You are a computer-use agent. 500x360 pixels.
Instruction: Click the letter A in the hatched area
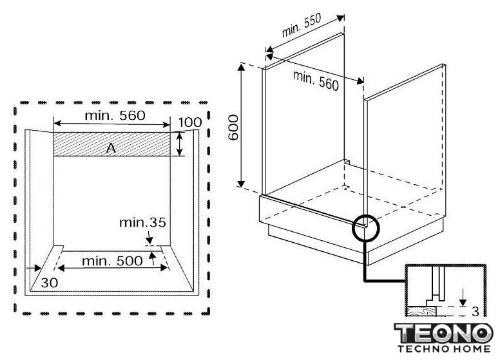click(x=111, y=148)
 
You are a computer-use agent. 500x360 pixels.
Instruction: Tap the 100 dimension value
click(x=190, y=122)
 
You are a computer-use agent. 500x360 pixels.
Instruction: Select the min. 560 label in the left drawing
click(x=115, y=115)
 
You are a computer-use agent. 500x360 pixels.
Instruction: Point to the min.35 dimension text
click(x=142, y=222)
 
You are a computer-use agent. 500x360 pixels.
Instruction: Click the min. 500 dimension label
click(x=112, y=261)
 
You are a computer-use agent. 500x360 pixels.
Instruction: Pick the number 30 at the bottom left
click(x=50, y=283)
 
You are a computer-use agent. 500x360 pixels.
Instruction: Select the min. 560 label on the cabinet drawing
click(x=316, y=81)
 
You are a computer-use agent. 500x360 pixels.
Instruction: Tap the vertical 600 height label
click(x=233, y=128)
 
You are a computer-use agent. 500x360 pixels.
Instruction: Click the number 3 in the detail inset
click(x=476, y=312)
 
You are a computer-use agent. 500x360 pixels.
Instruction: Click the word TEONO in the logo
click(x=443, y=333)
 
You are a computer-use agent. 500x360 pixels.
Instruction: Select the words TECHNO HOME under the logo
click(x=444, y=348)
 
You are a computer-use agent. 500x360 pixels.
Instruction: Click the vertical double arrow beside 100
click(x=180, y=144)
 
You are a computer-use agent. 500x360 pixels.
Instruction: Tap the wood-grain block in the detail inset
click(x=421, y=310)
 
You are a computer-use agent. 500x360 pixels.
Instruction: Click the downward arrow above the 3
click(x=463, y=298)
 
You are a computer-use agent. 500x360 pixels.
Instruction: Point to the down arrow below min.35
click(x=149, y=237)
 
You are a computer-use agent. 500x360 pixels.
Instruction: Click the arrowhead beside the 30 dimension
click(x=37, y=269)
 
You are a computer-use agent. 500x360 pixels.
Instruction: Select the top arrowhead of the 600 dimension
click(x=242, y=66)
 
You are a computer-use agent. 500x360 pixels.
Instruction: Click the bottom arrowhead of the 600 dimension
click(x=241, y=184)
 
